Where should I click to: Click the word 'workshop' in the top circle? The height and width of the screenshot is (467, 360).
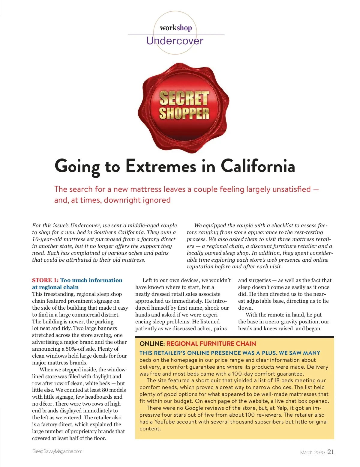click(x=175, y=28)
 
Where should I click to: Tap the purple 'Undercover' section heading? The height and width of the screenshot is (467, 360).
click(x=175, y=41)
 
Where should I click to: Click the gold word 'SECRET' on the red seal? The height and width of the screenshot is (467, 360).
click(x=184, y=98)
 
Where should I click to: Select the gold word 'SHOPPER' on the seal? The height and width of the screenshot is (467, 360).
click(x=184, y=113)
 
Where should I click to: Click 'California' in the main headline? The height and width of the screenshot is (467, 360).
click(x=258, y=166)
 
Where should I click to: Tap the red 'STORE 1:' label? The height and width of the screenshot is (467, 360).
click(x=45, y=280)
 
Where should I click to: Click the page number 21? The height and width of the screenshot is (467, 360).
click(x=331, y=452)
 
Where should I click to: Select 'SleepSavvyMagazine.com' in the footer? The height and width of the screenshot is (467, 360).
click(x=57, y=451)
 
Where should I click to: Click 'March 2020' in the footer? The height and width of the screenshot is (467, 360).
click(x=312, y=452)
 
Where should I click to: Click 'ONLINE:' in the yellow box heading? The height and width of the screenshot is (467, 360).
click(x=152, y=344)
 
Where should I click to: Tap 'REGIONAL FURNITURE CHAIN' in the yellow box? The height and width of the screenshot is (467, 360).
click(x=211, y=344)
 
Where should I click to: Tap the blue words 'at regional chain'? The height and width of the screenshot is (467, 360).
click(x=55, y=287)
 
